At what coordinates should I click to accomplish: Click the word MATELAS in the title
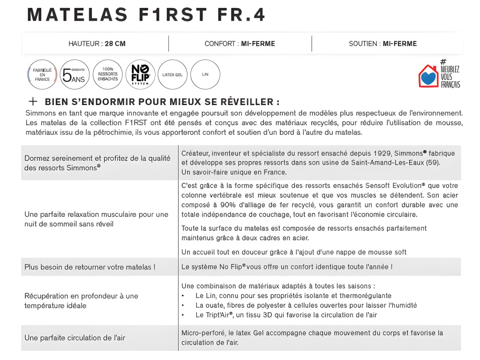pos(78,15)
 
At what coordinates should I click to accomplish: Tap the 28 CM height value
pos(115,44)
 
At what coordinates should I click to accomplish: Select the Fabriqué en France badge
pos(42,75)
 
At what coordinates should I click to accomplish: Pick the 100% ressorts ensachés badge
pos(108,75)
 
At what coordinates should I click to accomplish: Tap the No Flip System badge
pos(140,75)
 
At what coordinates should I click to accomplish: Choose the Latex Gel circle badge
pos(172,75)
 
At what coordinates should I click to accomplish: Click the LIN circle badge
pos(205,75)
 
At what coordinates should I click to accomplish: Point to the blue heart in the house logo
pos(427,78)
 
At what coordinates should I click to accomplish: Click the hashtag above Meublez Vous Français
pos(443,61)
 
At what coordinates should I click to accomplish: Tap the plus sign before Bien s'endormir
pos(33,101)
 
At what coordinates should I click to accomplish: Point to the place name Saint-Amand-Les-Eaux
pos(388,163)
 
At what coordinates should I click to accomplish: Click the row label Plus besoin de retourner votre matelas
pos(90,267)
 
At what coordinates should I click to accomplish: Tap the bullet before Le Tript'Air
pos(183,315)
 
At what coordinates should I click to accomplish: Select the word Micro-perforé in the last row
pos(203,333)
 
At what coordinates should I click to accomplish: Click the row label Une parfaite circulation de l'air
pos(75,337)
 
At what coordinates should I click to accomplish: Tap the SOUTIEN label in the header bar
pos(364,44)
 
